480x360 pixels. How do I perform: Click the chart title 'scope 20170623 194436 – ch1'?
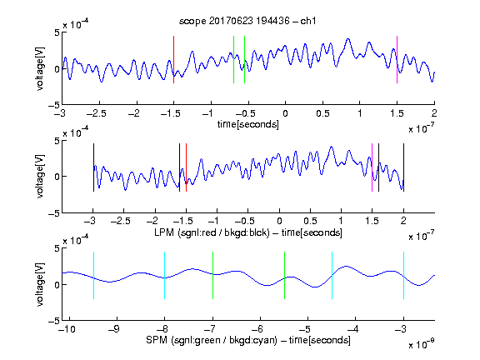pos(247,21)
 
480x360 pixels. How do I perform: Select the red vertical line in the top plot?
pos(173,59)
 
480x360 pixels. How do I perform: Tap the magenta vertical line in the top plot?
pos(397,59)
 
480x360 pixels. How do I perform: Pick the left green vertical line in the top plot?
pos(233,59)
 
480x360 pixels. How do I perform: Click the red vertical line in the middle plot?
pos(186,167)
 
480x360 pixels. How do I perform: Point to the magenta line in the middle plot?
pos(372,167)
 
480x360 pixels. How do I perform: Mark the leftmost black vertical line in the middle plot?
pos(93,167)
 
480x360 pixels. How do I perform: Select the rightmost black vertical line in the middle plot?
pos(403,167)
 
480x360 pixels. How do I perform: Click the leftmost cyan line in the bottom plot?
pos(93,275)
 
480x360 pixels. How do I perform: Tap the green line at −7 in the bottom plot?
pos(212,275)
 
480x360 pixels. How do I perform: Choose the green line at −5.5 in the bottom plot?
pos(284,275)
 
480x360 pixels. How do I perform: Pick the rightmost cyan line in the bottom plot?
pos(403,275)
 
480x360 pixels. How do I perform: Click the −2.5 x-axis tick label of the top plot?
pos(96,113)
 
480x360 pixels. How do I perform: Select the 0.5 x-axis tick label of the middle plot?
pos(310,221)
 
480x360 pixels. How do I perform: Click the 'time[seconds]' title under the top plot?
pos(248,124)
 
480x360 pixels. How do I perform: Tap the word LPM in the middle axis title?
pos(164,232)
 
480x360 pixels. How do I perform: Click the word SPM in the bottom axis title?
pos(157,340)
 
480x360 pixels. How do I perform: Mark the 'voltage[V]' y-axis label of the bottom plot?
pos(40,284)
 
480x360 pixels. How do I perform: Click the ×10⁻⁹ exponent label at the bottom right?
pos(422,344)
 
